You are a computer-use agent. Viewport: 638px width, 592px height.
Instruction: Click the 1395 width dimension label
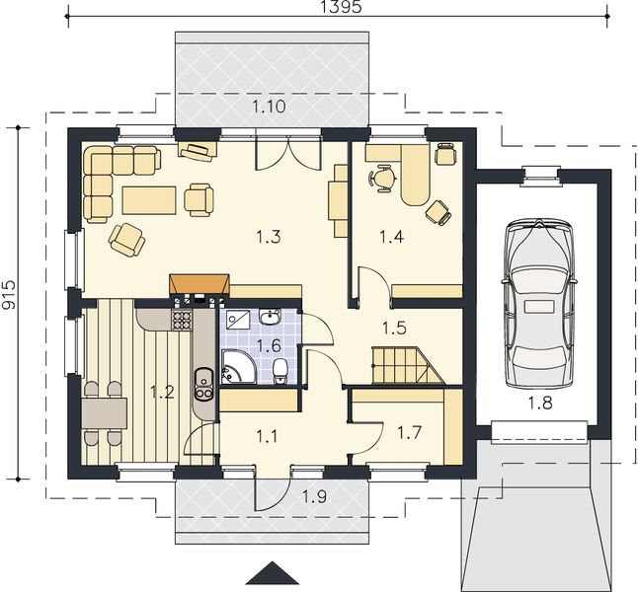[341, 7]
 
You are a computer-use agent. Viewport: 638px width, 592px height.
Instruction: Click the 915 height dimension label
[8, 295]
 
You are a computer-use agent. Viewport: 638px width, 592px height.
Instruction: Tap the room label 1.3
[269, 236]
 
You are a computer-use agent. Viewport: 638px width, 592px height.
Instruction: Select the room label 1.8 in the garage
[540, 403]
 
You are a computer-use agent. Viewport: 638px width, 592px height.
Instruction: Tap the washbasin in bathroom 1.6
[269, 317]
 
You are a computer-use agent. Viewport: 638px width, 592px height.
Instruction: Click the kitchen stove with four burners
[182, 320]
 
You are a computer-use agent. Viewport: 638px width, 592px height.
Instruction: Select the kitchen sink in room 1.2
[203, 384]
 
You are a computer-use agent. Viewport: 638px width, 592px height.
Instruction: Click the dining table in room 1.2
[104, 413]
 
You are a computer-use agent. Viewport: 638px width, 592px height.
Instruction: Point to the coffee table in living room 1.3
[149, 200]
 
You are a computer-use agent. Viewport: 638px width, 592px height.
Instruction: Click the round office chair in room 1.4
[383, 178]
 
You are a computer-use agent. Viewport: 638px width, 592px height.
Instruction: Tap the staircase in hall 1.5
[408, 365]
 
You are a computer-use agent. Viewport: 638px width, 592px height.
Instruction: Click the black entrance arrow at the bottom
[274, 574]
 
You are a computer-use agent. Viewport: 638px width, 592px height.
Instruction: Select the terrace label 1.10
[269, 107]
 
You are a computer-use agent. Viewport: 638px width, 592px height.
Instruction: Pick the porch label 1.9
[314, 496]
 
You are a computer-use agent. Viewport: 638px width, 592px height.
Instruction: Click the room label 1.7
[409, 432]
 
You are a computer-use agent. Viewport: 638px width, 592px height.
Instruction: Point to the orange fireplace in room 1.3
[199, 284]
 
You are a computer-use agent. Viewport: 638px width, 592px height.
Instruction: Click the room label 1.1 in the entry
[267, 437]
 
